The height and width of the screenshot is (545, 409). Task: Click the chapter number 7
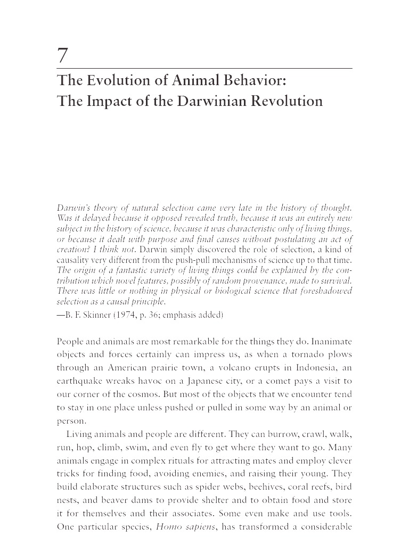coord(63,55)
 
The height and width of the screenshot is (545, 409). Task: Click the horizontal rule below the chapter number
coord(204,69)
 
